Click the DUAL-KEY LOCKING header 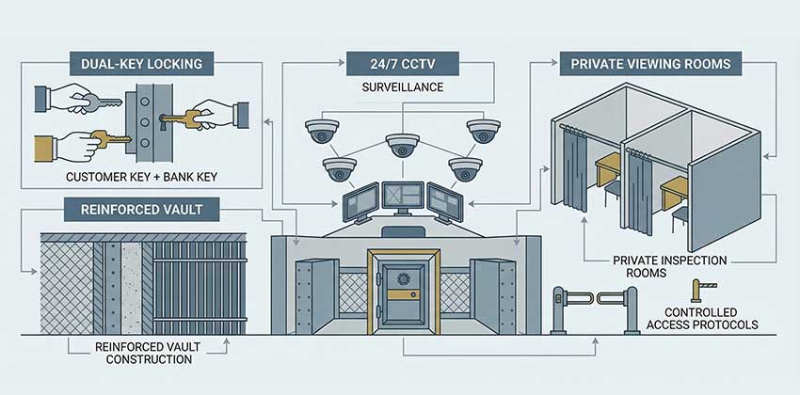[140, 64]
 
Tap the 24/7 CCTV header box [401, 64]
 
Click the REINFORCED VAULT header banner [140, 206]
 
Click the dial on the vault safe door [403, 279]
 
